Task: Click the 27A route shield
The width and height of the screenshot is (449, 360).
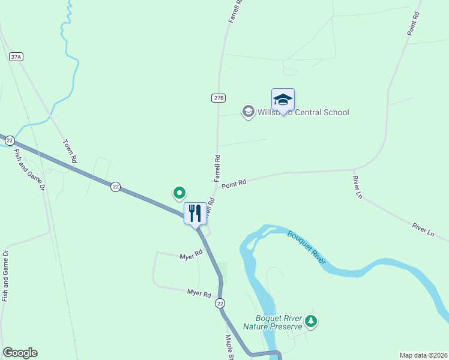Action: tap(16, 56)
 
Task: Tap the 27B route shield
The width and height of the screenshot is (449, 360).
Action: tap(218, 97)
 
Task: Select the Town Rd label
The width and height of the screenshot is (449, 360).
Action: tap(70, 152)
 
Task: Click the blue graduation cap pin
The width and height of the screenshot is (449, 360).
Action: tap(283, 100)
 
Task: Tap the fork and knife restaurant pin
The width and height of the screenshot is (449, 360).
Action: tap(195, 213)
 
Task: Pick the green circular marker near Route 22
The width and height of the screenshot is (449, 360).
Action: tap(179, 193)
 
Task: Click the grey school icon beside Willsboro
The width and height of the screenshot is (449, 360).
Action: tap(248, 112)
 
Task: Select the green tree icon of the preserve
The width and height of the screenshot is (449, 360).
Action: tap(310, 322)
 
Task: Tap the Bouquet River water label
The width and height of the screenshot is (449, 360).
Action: tap(307, 247)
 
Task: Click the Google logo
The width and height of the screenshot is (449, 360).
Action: tap(20, 353)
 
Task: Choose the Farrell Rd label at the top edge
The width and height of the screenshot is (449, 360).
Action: tap(235, 11)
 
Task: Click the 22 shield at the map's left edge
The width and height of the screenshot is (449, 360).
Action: tap(10, 140)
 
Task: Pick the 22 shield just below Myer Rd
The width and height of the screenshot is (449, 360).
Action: tap(220, 304)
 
